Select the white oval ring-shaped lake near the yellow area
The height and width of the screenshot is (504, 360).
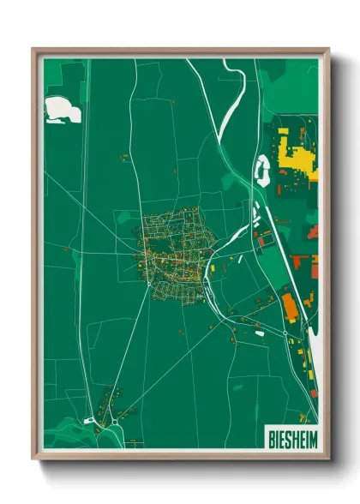262,171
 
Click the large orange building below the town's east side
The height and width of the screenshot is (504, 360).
290,306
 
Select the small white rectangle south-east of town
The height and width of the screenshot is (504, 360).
259,333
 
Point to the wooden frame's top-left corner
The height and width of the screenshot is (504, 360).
34,50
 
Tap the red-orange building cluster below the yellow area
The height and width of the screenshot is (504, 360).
303,262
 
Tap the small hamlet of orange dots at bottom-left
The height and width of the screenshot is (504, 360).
110,400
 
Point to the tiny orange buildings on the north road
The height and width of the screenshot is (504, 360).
123,157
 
